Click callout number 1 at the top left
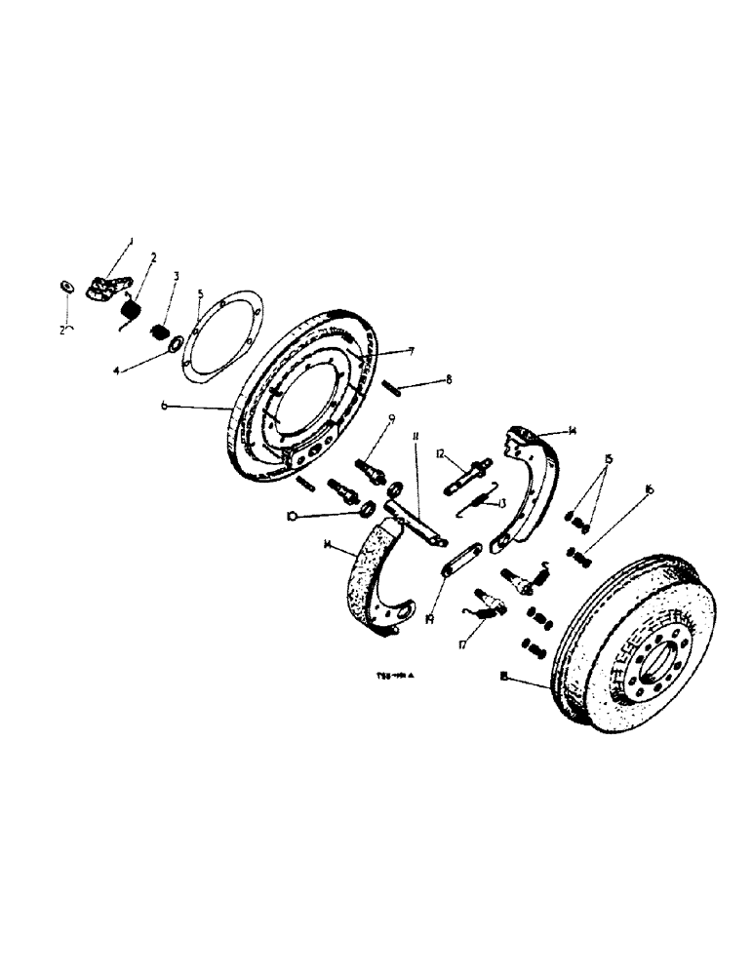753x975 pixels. tap(132, 241)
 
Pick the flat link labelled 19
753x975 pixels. tap(458, 561)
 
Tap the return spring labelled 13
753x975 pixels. tap(477, 499)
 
